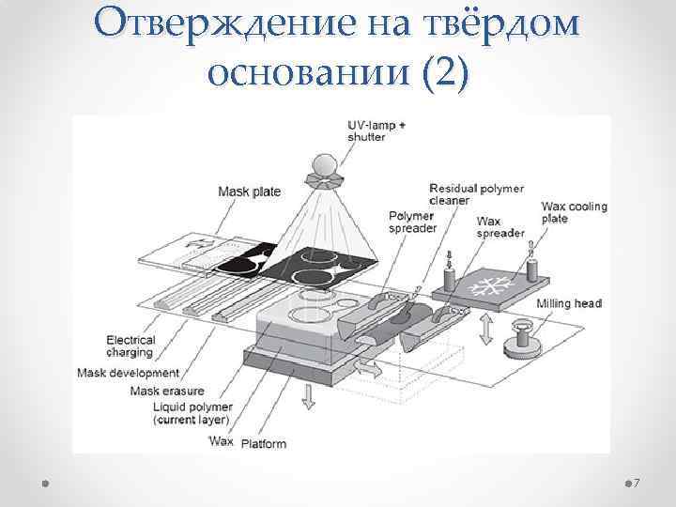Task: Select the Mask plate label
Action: tap(249, 192)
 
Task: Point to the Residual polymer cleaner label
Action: tap(476, 193)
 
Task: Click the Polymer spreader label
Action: tap(411, 223)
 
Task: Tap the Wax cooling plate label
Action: tap(574, 212)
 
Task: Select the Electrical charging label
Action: tap(130, 346)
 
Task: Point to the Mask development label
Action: tap(128, 373)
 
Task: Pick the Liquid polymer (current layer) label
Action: tap(192, 413)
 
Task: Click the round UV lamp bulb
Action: tap(324, 165)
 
